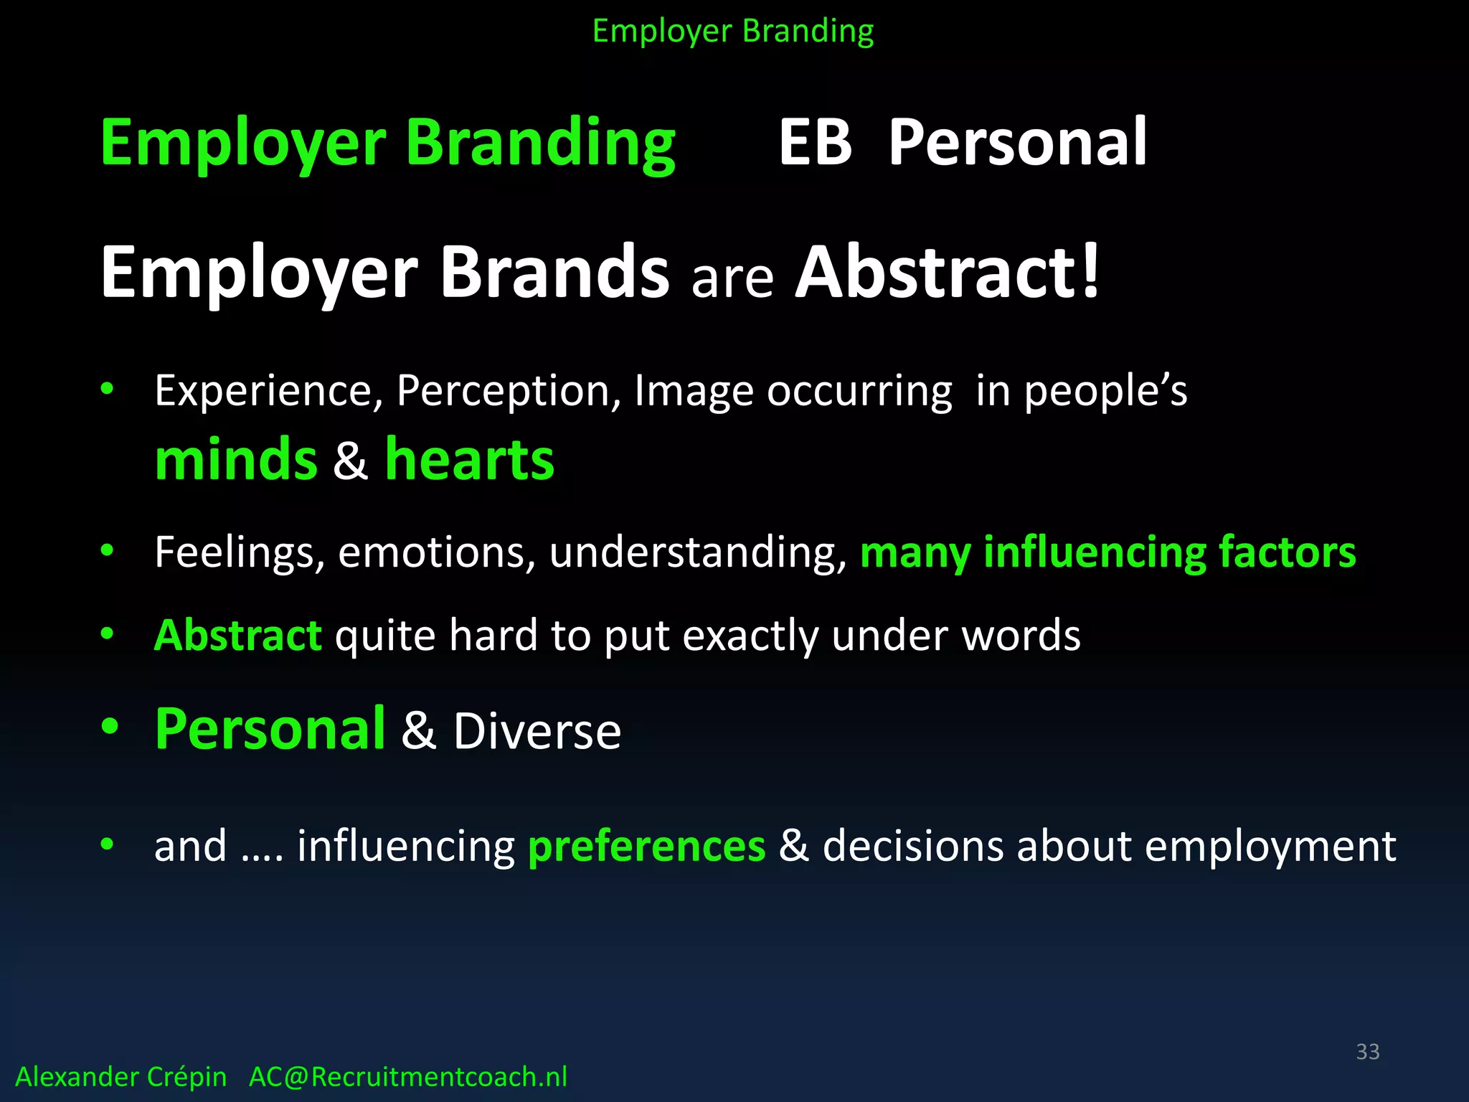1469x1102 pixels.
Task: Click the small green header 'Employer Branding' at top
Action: click(733, 32)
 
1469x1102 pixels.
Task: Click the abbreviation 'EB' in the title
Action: click(816, 143)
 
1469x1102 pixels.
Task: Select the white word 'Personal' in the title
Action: click(1018, 143)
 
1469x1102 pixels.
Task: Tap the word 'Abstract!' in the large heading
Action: click(948, 272)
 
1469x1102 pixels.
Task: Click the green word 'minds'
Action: click(236, 459)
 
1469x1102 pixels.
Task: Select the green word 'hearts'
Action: click(470, 459)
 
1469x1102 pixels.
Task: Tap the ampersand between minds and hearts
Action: click(351, 461)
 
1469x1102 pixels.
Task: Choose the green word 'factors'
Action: click(1288, 552)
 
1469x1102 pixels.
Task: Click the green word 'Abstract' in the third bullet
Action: click(238, 635)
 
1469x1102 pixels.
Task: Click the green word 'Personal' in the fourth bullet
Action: click(270, 729)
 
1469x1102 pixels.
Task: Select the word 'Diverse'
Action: click(537, 732)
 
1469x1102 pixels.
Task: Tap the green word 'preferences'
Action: click(647, 846)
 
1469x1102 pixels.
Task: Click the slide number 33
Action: click(1368, 1052)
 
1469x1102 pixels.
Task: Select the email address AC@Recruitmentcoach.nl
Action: click(408, 1077)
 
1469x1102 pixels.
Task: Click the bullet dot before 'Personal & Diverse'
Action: click(109, 726)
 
